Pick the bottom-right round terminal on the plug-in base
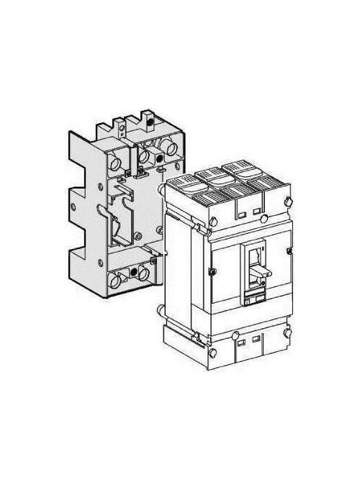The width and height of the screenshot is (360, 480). click(144, 274)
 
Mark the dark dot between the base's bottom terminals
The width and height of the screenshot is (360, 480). click(131, 273)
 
